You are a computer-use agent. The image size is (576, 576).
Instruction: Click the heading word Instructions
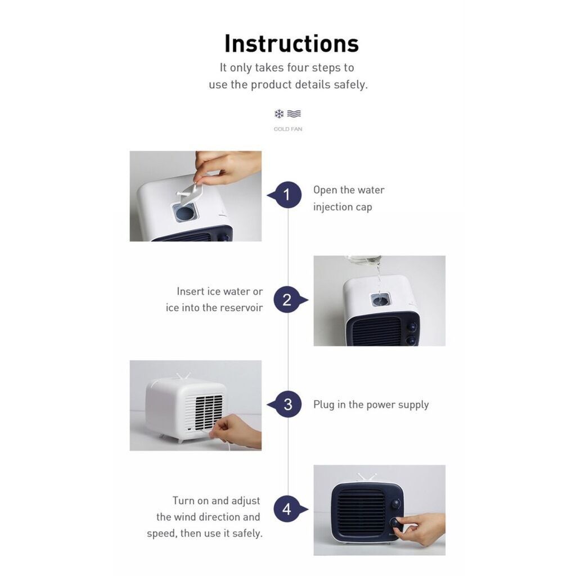[291, 43]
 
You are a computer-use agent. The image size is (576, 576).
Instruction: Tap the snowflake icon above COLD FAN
[279, 114]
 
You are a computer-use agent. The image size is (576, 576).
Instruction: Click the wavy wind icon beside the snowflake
[294, 114]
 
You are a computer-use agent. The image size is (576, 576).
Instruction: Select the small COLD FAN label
[287, 129]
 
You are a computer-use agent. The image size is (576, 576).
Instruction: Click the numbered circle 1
[287, 195]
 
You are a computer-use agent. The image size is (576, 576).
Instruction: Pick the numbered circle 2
[287, 300]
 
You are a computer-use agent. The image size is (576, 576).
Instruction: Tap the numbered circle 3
[287, 404]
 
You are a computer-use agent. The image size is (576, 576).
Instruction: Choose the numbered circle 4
[287, 510]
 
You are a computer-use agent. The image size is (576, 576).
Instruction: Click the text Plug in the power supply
[371, 405]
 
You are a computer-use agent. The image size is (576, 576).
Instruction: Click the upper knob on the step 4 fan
[397, 503]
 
